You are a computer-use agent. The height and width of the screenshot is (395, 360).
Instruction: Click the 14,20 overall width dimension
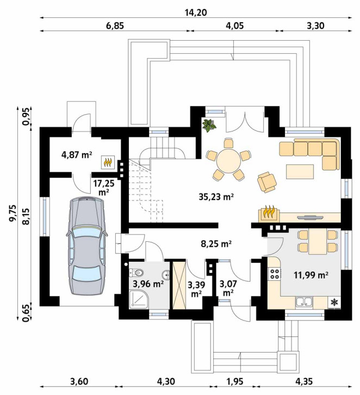coord(196,12)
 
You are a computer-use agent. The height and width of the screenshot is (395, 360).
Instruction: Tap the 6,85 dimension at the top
coord(115,26)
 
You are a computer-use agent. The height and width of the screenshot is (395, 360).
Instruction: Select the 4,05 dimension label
coord(235,26)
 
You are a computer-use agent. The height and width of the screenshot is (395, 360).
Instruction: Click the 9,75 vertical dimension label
coord(13,213)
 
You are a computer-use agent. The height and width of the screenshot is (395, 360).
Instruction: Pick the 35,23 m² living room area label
coord(216,197)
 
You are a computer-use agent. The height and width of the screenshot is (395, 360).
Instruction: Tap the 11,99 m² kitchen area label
coord(311,274)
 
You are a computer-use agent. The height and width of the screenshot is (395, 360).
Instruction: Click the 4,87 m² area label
coord(76,154)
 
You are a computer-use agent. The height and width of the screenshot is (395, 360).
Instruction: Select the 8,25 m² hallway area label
coord(216,243)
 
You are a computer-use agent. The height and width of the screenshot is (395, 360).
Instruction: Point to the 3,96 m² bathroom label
coord(148,284)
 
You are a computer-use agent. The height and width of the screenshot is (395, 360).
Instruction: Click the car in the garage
coord(87,246)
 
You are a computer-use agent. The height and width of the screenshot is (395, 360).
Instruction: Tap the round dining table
coord(229,161)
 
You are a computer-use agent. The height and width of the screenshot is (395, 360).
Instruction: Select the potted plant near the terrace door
coord(209,126)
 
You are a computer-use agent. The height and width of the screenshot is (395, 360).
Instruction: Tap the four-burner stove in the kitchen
coord(275,274)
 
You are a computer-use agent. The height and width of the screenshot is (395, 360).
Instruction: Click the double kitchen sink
coord(305,302)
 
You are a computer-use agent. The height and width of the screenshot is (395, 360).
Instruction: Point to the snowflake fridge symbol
coord(334,302)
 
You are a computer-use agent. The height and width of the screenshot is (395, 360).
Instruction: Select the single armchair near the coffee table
coord(266,182)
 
